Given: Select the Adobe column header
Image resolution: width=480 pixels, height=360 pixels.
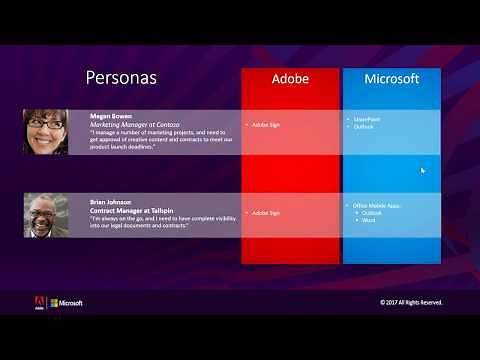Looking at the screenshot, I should coord(290,78).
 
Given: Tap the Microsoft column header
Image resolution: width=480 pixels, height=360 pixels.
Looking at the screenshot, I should coord(391,78).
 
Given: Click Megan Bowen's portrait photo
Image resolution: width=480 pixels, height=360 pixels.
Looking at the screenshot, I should coord(46,131).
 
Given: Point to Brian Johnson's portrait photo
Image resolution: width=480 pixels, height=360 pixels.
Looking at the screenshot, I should coord(46,214).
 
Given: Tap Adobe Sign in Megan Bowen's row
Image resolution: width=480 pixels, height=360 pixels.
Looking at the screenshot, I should coord(266,125).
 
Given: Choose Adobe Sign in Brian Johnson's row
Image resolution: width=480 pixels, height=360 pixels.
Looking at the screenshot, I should coord(266,212).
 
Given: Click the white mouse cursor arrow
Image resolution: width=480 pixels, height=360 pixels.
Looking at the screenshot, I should coord(423,171).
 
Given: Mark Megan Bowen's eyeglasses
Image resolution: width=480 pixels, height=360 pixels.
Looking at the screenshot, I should coord(46,126).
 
